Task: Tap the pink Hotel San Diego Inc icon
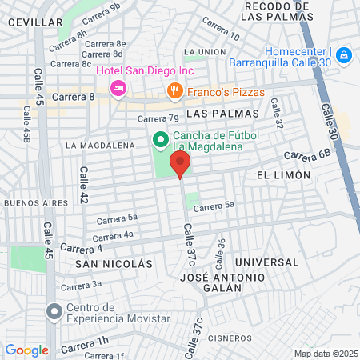coord(118,87)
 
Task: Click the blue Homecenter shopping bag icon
coord(343,55)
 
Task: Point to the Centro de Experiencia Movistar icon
coord(54,311)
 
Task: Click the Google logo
coord(26,350)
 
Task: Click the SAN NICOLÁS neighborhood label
coord(114,263)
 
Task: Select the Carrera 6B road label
coord(306,154)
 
